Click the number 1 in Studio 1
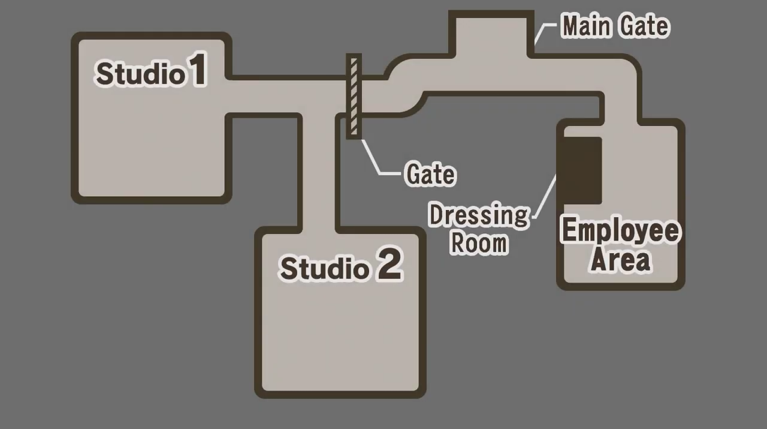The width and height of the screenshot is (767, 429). [197, 68]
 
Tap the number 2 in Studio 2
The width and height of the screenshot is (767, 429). [389, 264]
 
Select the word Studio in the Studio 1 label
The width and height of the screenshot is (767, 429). [140, 73]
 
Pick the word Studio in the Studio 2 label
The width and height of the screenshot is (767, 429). [325, 268]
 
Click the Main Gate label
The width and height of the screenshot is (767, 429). [615, 26]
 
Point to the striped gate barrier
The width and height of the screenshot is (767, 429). [354, 97]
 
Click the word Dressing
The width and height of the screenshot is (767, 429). [479, 215]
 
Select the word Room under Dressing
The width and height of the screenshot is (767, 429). [479, 243]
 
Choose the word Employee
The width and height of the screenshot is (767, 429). [620, 230]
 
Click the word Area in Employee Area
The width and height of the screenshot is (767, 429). [620, 260]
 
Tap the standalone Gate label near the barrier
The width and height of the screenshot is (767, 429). [430, 174]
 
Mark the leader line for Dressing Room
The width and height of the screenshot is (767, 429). [545, 196]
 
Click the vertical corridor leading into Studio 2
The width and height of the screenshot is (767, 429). [320, 172]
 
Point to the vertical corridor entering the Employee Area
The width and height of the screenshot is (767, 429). [620, 103]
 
